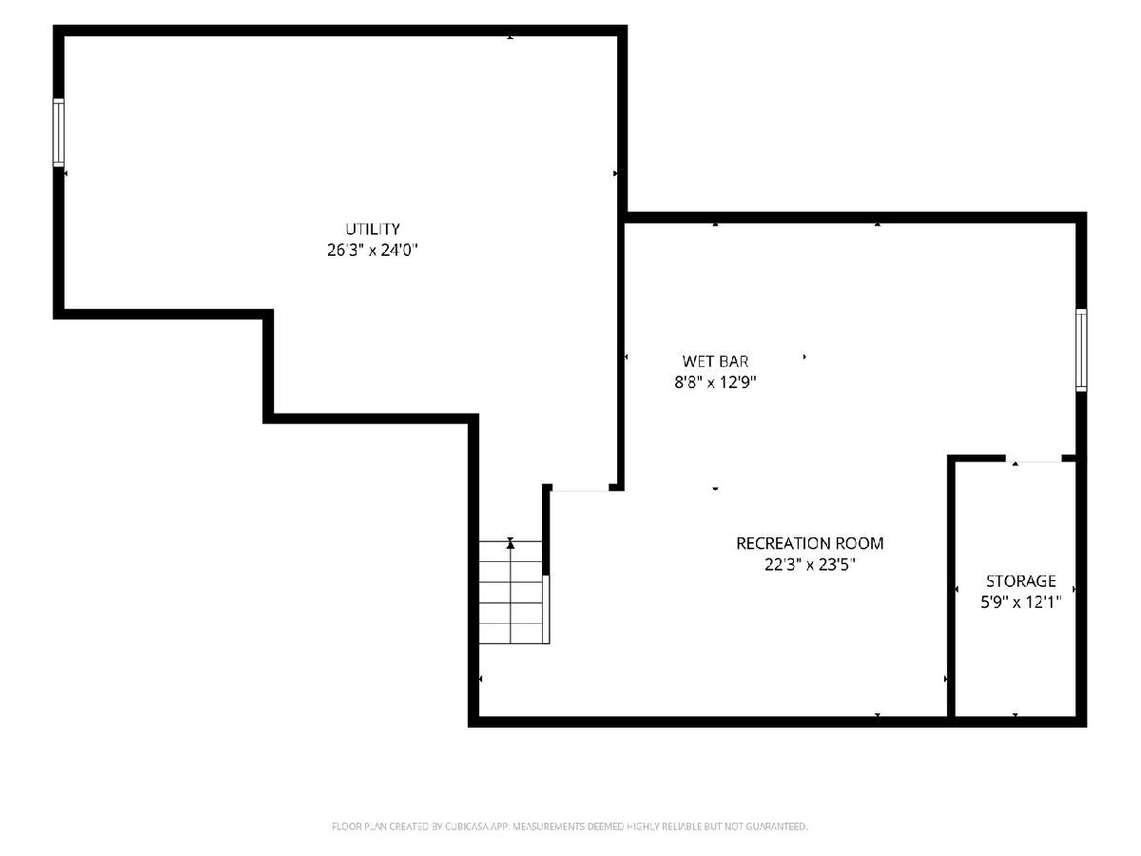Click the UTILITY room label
(372, 228)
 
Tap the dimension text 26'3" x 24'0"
(372, 250)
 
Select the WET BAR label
(715, 360)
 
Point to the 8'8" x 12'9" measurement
(715, 382)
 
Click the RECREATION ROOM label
(810, 543)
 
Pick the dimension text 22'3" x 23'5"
(810, 564)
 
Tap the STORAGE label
(1021, 580)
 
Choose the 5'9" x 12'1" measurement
(1021, 602)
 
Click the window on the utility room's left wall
(59, 133)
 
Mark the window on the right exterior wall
(1081, 350)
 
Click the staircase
(511, 592)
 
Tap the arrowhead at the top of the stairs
(511, 544)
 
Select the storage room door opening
(1034, 460)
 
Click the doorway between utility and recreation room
(580, 490)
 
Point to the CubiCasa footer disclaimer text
(570, 827)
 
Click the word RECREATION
(782, 543)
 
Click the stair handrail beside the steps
(546, 609)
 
